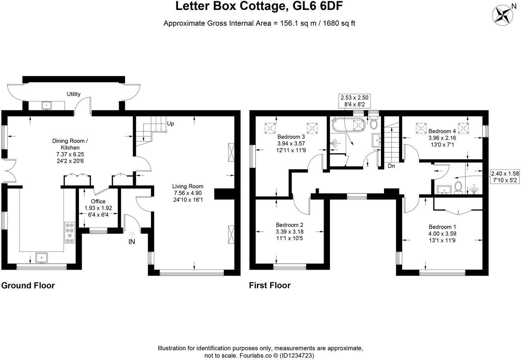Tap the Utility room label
[73, 94]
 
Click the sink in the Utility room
[47, 105]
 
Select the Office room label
[98, 201]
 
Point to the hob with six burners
[70, 232]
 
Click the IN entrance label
[131, 242]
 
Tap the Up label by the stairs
[171, 124]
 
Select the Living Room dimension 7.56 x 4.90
[188, 193]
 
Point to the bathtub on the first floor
[340, 125]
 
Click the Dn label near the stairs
[391, 166]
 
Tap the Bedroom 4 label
[442, 131]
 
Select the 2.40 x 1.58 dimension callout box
[504, 176]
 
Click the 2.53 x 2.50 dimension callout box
[354, 101]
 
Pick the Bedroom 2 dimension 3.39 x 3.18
[289, 232]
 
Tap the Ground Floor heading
[28, 285]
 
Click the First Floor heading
[270, 285]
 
